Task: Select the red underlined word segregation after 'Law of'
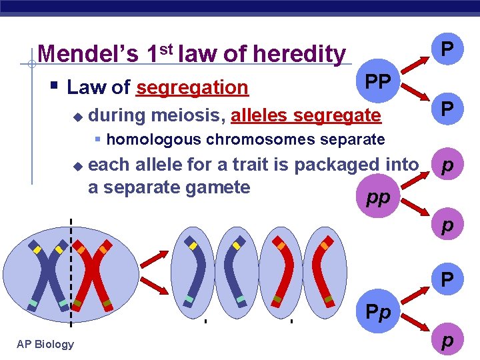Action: (192, 87)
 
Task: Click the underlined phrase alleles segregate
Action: (305, 115)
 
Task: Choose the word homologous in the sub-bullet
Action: (154, 139)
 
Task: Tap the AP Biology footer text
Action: (45, 344)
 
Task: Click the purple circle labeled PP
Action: (379, 82)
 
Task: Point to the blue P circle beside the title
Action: (447, 49)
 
